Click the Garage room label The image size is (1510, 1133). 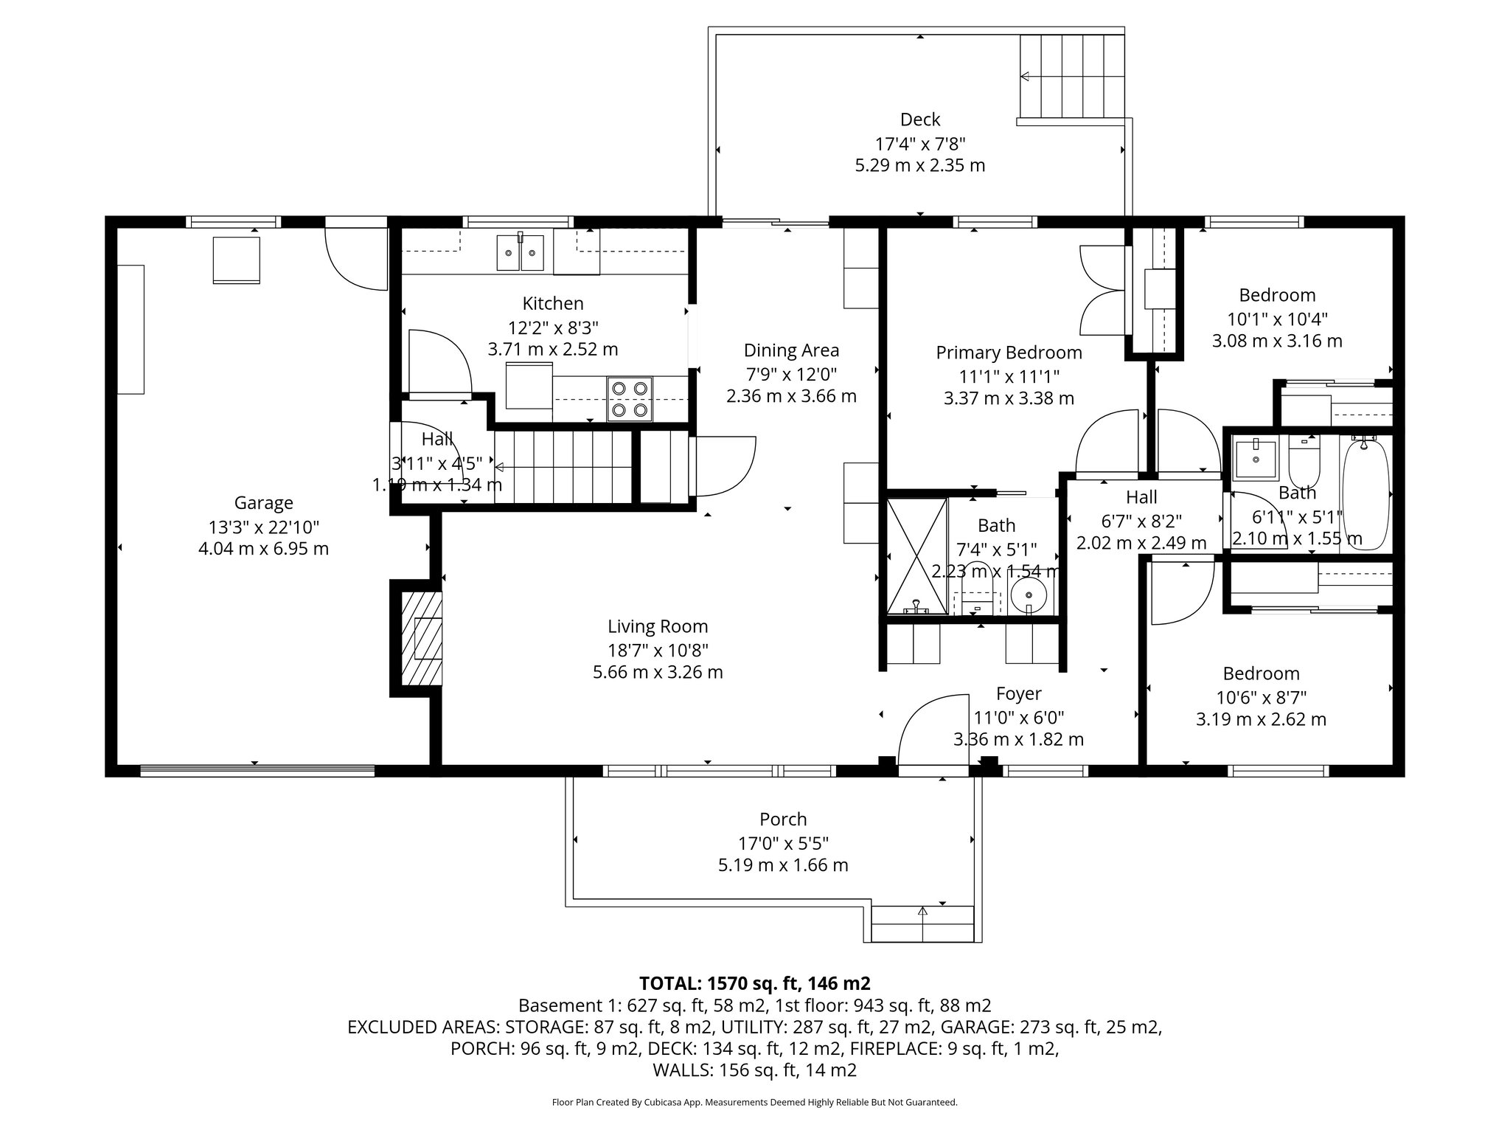pos(263,503)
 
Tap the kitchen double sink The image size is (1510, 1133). pos(520,252)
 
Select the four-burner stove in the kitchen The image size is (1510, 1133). pos(630,399)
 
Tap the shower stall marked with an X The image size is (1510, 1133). pos(916,555)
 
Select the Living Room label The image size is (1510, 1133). pos(658,627)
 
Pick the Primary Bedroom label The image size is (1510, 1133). pos(1009,353)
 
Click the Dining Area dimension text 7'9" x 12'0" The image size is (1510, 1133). pos(791,374)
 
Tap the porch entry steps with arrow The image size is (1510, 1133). pos(922,924)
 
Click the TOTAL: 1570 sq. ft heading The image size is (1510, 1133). pos(754,983)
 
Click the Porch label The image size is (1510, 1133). pos(783,820)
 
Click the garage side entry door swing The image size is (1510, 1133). pos(356,258)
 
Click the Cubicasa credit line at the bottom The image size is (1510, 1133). pos(754,1102)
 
